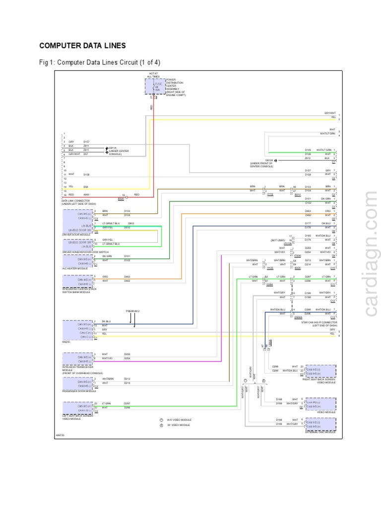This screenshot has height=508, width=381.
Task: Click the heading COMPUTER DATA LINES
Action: (82, 46)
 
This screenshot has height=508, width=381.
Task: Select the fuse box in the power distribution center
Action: (155, 87)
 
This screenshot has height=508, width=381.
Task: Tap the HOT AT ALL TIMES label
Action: (153, 75)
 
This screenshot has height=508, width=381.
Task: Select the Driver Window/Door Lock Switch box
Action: (77, 244)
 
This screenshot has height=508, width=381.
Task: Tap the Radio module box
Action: (77, 329)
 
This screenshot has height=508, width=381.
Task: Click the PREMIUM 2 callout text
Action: (132, 311)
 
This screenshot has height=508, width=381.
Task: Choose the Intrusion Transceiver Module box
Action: (77, 359)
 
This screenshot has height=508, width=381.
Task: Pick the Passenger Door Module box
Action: (77, 383)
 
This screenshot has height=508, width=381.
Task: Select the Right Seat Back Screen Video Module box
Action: (320, 371)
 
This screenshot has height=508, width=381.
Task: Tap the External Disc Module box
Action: (320, 424)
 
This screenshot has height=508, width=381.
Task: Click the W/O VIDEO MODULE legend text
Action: (178, 420)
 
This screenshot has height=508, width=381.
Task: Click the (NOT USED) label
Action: (278, 240)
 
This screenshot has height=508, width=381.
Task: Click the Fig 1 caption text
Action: (100, 63)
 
